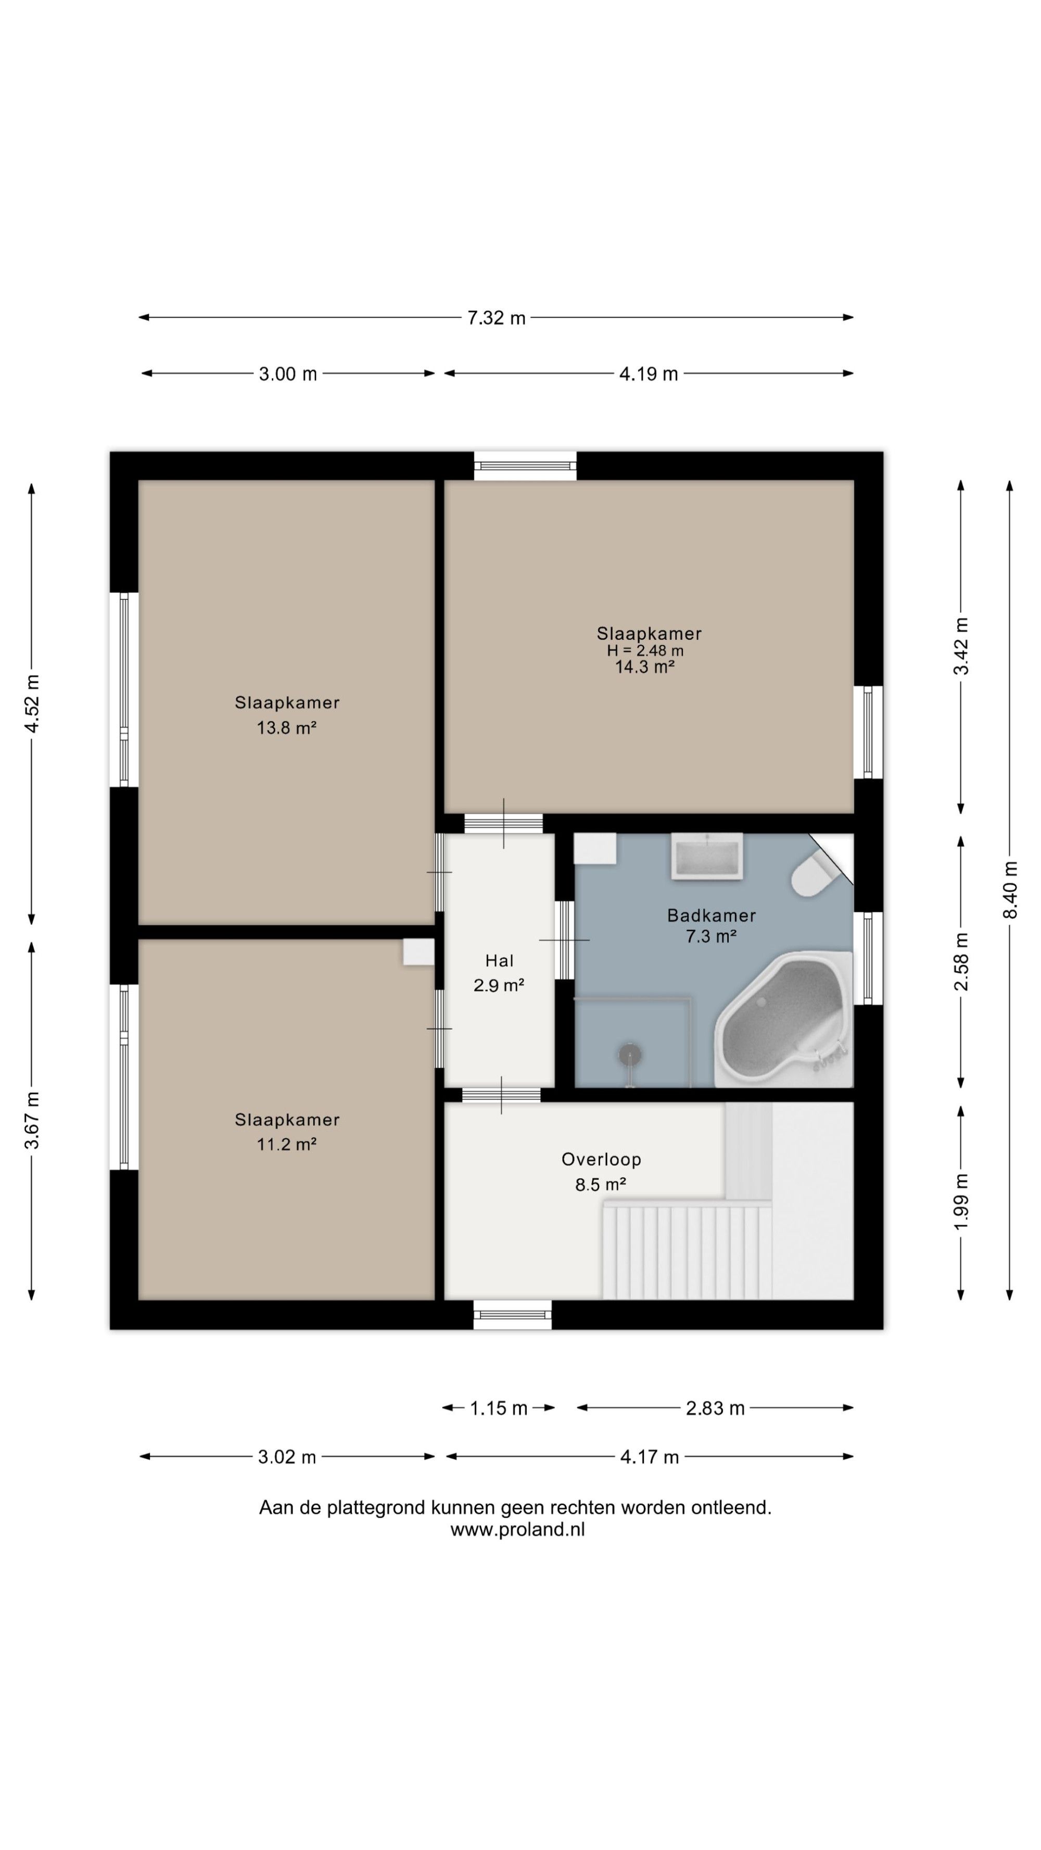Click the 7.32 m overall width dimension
point(497,317)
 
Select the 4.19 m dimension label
point(649,374)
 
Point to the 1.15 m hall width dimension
point(499,1408)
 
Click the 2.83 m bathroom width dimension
point(715,1408)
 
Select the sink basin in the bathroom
point(707,856)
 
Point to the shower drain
point(630,1054)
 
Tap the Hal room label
point(499,961)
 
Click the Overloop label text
point(601,1159)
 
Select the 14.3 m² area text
point(644,667)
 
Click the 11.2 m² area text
point(287,1144)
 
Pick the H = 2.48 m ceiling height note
point(645,651)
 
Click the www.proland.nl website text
point(517,1530)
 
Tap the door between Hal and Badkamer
point(565,940)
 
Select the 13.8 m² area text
point(287,727)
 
